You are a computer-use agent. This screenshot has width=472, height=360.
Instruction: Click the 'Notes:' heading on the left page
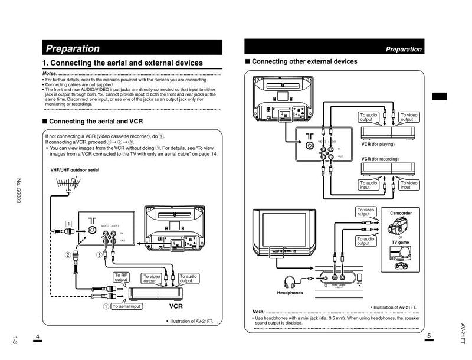click(x=50, y=73)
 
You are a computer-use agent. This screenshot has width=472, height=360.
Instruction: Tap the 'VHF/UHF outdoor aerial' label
click(x=75, y=170)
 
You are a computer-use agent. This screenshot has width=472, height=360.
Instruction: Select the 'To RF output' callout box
click(x=122, y=277)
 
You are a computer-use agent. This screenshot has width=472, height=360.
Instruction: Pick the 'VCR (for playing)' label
click(x=378, y=144)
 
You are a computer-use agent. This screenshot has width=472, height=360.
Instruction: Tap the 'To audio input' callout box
click(x=368, y=185)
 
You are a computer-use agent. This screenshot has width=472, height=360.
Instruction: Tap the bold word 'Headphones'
click(x=290, y=293)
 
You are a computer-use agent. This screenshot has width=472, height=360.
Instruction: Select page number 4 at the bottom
click(x=37, y=336)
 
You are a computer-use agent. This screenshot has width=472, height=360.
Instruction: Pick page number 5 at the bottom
click(x=429, y=336)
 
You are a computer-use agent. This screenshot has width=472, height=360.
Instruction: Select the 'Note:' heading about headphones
click(x=258, y=312)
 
